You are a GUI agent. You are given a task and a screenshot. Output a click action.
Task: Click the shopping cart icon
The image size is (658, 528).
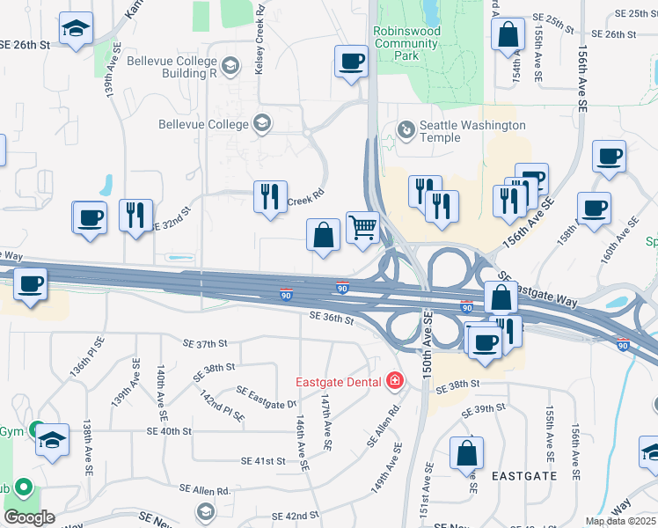click(x=362, y=228)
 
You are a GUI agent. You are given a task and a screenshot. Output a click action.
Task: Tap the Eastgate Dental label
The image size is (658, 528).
click(x=338, y=381)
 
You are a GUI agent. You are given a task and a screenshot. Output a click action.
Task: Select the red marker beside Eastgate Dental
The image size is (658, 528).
click(x=394, y=381)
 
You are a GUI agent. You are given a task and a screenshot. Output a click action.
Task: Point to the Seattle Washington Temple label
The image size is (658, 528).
click(x=472, y=132)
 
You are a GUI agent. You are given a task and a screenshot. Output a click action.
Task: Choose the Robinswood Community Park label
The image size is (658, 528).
click(x=406, y=42)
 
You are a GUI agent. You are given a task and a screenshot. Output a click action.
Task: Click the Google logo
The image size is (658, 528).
click(x=29, y=517)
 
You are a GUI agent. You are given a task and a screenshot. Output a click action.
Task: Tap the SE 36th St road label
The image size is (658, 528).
click(x=332, y=321)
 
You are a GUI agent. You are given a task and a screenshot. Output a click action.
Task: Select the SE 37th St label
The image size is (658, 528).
click(x=205, y=343)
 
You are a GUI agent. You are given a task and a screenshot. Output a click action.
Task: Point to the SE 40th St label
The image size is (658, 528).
click(x=169, y=431)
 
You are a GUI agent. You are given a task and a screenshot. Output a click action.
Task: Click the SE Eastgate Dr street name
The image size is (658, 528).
click(x=267, y=397)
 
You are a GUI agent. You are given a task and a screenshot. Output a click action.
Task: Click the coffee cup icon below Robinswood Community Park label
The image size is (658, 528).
click(x=351, y=62)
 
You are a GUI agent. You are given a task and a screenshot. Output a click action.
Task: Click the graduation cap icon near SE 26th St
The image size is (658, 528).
click(x=77, y=29)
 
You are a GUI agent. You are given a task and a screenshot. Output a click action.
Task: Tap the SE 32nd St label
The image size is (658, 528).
click(x=172, y=225)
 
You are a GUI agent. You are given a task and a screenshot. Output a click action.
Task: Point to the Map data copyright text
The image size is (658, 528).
click(x=620, y=521)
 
